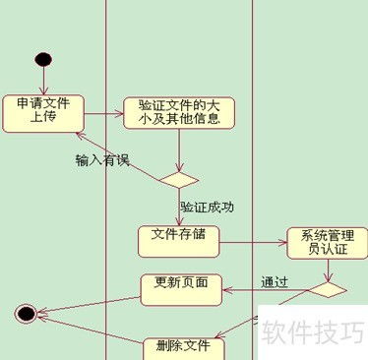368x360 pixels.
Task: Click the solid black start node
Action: point(42,59)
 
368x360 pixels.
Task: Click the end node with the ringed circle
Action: point(27,314)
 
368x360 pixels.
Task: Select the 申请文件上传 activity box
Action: point(42,112)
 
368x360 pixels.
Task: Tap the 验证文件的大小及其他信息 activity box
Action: point(179,112)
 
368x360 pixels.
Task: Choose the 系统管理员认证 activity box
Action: point(326,242)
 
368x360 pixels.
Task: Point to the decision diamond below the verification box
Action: point(179,179)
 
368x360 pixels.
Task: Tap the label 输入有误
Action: point(102,159)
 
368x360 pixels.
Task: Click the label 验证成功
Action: point(206,208)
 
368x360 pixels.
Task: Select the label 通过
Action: point(275,282)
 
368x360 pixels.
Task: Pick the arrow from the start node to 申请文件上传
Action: point(42,81)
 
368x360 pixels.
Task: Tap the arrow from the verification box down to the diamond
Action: point(179,150)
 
